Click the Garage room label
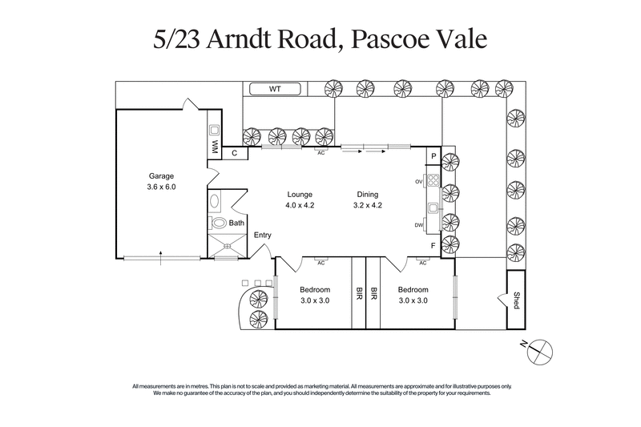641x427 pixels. (x=160, y=176)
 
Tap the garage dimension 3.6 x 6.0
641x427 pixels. (x=160, y=187)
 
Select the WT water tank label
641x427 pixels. (x=274, y=88)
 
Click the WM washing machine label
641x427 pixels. (x=215, y=147)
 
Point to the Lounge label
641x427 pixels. (x=300, y=195)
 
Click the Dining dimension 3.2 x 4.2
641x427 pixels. (x=368, y=205)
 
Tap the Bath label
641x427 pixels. (x=236, y=224)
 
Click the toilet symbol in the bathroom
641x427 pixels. (x=217, y=224)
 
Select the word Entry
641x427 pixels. (x=263, y=235)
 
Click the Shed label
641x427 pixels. (x=517, y=300)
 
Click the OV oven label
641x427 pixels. (x=418, y=182)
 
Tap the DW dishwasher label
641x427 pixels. (x=418, y=225)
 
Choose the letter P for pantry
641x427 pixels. (x=433, y=156)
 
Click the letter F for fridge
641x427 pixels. (x=433, y=245)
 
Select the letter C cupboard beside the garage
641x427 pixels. (x=235, y=152)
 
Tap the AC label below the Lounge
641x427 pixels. (x=320, y=263)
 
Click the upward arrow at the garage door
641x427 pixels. (x=161, y=255)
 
